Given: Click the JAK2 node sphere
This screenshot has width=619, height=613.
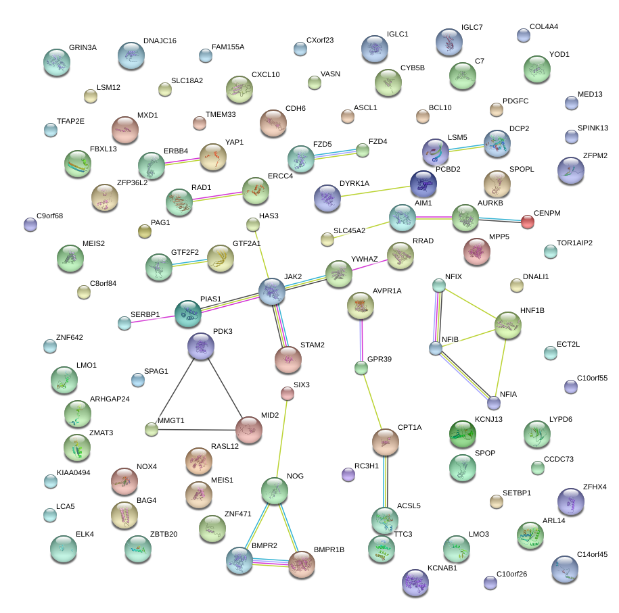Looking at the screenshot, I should (272, 291).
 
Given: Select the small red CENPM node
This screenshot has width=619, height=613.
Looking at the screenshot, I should (528, 222).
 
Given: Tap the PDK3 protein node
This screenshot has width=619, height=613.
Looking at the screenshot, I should (201, 345).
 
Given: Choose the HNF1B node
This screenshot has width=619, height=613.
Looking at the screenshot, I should (508, 325).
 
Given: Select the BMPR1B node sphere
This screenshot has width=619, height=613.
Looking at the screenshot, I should (302, 564).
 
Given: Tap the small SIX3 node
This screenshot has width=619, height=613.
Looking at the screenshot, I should (288, 393).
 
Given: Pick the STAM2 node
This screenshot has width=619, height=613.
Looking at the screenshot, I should (288, 359).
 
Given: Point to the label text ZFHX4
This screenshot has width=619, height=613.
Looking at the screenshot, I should (595, 487).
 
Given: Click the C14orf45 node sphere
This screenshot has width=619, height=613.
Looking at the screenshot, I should (565, 569).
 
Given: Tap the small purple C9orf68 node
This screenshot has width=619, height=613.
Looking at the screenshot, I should (30, 224).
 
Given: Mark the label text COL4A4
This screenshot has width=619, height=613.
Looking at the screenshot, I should (544, 27).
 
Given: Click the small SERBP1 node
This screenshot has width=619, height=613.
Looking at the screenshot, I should (124, 323).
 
